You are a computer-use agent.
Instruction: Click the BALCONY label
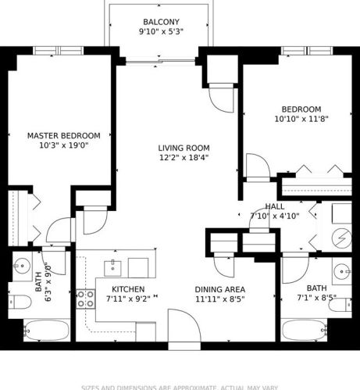click(x=161, y=21)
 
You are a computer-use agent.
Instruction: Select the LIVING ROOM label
click(x=184, y=147)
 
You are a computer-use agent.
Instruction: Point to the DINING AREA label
click(x=219, y=289)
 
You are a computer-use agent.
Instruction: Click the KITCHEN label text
click(x=125, y=289)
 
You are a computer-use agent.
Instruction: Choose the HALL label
click(x=275, y=206)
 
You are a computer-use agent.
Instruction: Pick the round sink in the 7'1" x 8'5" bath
click(x=341, y=273)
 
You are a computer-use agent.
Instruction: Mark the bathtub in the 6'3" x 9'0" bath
click(x=48, y=331)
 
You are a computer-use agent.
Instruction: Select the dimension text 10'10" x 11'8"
click(x=301, y=119)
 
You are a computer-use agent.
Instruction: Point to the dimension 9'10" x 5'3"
click(x=161, y=32)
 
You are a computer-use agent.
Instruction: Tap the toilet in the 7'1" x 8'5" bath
click(x=341, y=302)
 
